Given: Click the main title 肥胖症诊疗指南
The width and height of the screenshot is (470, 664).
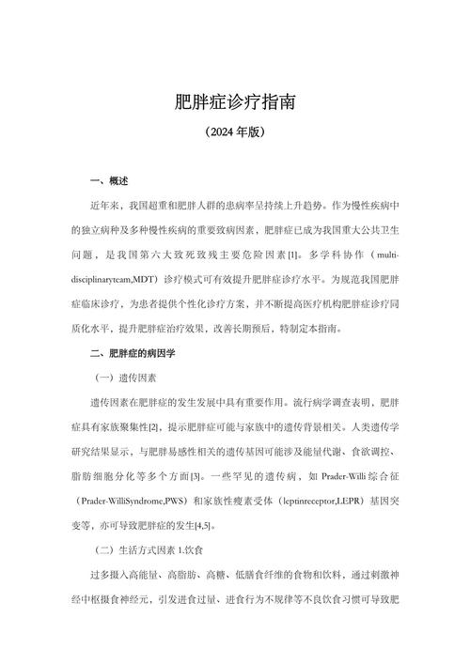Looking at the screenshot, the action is point(235,100).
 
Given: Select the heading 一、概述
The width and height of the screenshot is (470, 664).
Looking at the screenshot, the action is point(109,180).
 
